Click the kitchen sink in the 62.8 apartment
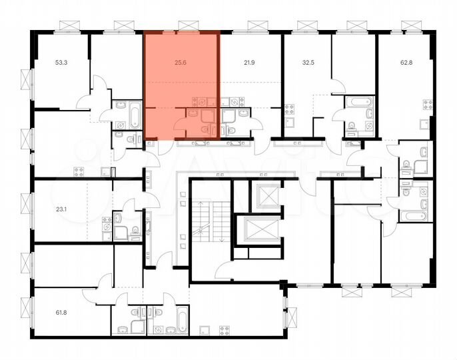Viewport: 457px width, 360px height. tap(424, 121)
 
